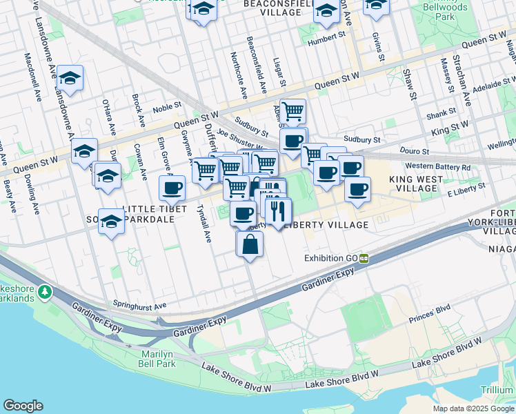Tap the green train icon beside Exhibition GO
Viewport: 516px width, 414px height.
tap(362, 258)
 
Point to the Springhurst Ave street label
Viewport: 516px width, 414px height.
tap(141, 305)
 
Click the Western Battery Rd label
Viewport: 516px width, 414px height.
tap(437, 167)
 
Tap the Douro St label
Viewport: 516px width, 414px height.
tap(414, 151)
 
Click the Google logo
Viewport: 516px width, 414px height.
tap(23, 406)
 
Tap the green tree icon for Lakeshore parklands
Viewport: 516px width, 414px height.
tap(46, 292)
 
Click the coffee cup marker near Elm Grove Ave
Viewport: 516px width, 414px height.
tap(172, 187)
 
